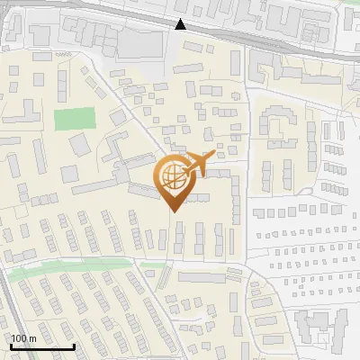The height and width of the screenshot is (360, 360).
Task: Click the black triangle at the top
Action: (182, 24)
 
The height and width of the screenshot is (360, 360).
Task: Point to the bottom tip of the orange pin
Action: (172, 211)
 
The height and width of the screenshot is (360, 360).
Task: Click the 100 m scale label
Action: (24, 338)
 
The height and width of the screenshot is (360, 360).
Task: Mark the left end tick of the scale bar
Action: (12, 346)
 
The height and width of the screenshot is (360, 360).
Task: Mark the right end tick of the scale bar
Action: (74, 346)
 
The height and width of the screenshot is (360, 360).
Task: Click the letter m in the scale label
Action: (33, 338)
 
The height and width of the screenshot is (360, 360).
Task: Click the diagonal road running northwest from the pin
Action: (135, 117)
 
